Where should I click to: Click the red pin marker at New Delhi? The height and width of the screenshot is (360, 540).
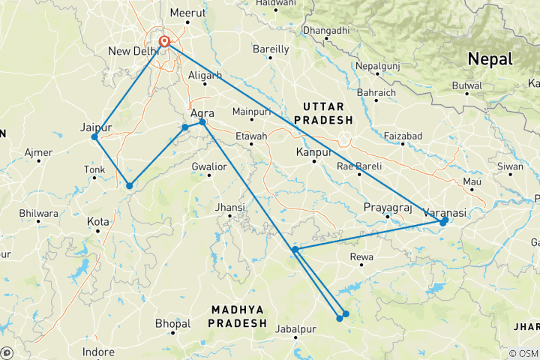click(164, 41)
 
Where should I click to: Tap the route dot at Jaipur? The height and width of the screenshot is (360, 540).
click(94, 137)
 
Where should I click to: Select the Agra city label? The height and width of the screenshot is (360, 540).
click(203, 114)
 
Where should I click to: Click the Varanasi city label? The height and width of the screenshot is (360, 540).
click(445, 213)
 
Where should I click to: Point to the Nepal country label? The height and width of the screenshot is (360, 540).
click(490, 58)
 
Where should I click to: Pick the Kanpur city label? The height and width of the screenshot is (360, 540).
click(314, 152)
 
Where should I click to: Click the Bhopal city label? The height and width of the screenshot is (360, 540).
click(172, 324)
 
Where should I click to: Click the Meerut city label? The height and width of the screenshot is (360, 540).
click(187, 13)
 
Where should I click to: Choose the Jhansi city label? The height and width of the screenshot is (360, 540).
click(230, 207)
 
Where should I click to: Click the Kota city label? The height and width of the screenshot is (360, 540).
click(97, 222)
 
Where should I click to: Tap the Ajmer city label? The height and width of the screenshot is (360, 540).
click(38, 153)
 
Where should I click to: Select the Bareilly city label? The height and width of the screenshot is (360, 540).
click(271, 49)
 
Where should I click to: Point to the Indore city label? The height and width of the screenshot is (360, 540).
click(99, 352)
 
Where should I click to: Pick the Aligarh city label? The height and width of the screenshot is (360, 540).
click(205, 76)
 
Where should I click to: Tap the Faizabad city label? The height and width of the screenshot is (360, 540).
click(403, 136)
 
